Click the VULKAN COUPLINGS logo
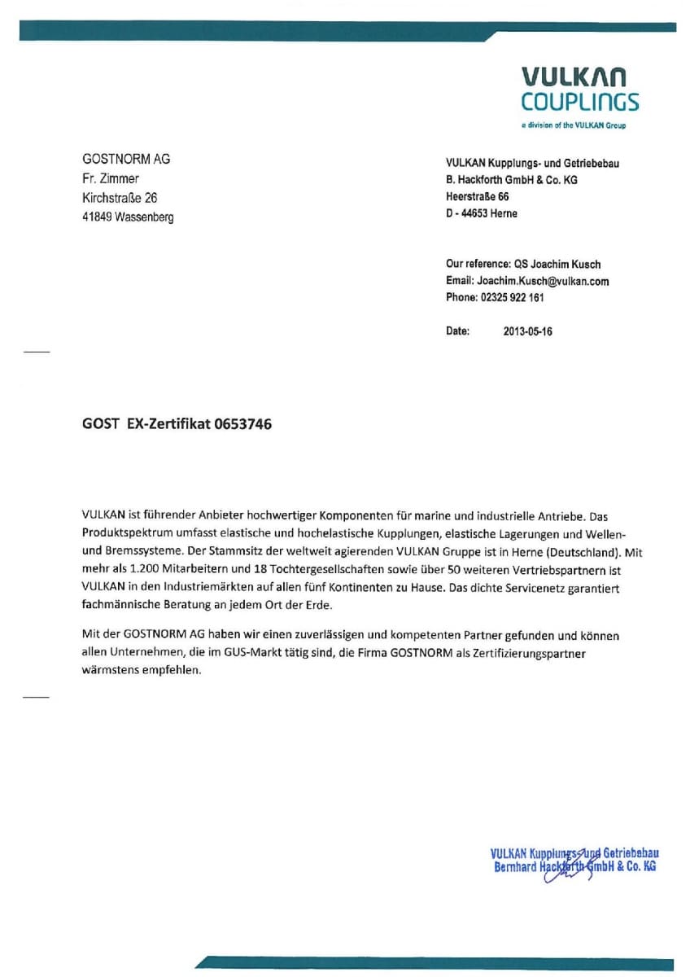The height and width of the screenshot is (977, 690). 579,90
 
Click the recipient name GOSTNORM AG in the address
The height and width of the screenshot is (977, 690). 126,159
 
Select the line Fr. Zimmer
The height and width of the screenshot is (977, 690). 111,178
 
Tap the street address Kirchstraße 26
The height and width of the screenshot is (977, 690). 120,198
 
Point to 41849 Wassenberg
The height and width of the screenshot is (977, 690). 128,217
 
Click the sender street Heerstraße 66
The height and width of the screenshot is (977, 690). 478,197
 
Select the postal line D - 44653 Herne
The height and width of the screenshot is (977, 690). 482,213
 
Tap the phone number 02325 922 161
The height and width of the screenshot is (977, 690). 513,297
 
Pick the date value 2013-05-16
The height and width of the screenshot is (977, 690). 528,332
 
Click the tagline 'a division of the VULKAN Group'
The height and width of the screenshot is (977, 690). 574,125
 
